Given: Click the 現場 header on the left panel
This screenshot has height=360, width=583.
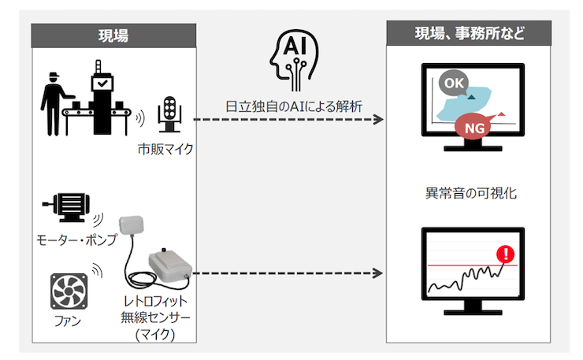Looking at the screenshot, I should point(113,35).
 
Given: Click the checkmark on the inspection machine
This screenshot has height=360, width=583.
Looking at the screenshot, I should point(102,82).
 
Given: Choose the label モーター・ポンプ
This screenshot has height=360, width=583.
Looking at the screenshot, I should point(76,239).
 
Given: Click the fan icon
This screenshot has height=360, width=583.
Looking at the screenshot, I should point(69,291).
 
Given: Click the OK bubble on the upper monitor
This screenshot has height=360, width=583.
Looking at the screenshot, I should point(451,82).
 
